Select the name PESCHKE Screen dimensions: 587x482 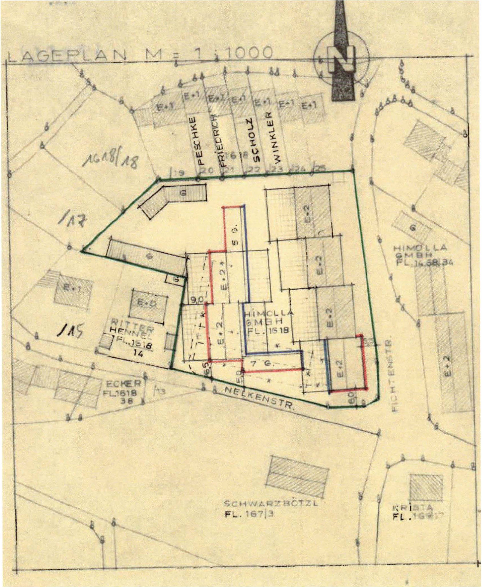[x=199, y=141]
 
